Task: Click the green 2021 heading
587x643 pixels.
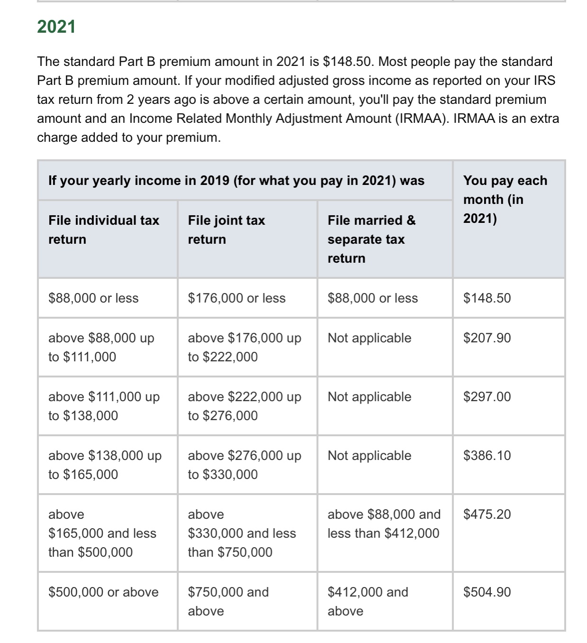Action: coord(56,27)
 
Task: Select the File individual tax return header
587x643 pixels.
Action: coord(103,230)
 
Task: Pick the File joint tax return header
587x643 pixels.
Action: coord(226,230)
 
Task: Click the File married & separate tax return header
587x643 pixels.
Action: coord(371,239)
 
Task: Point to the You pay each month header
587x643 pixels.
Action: coord(505,199)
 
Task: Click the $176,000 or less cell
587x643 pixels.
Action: coord(237,298)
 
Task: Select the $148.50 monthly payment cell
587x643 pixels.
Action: coord(487,298)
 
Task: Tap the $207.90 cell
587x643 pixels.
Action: coord(487,338)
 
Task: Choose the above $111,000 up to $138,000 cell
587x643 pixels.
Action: coord(104,406)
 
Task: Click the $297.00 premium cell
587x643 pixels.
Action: coord(487,397)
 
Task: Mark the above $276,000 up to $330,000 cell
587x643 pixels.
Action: coord(244,465)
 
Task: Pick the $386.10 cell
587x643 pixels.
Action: coord(487,456)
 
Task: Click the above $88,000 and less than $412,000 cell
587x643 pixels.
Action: coord(384,524)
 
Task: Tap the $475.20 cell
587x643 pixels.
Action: coord(487,514)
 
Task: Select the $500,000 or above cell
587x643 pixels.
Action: coord(103,592)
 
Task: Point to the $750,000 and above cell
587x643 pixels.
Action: coord(228,601)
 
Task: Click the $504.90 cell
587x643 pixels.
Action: coord(487,592)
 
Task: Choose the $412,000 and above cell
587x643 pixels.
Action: coord(367,601)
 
